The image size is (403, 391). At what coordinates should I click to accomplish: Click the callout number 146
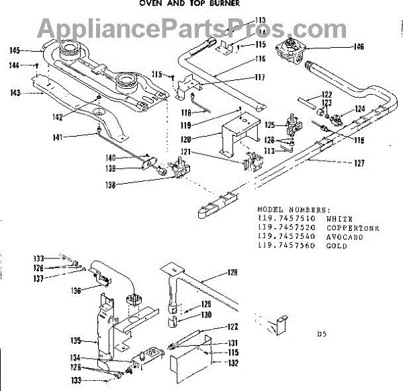pos(359,47)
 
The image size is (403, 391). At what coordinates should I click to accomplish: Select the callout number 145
pos(15,50)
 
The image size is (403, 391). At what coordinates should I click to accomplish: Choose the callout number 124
pos(361,108)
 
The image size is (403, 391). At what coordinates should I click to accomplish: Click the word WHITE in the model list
pos(339,219)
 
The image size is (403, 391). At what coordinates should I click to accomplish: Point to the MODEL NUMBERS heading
pos(294,209)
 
